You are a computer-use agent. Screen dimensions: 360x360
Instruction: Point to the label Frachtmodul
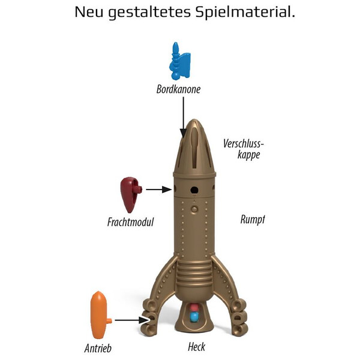click(127, 222)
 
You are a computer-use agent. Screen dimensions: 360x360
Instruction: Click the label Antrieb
click(98, 347)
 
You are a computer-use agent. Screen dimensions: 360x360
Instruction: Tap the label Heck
click(196, 347)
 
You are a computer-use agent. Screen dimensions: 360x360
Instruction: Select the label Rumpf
click(253, 220)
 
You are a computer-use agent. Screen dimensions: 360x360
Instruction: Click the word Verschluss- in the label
click(244, 143)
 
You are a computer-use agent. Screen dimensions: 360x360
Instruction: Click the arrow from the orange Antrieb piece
click(129, 320)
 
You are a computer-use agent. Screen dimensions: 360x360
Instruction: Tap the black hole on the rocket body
click(194, 190)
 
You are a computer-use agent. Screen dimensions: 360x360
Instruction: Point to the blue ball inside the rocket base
click(193, 316)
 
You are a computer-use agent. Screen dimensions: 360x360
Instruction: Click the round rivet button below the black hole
click(194, 208)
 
